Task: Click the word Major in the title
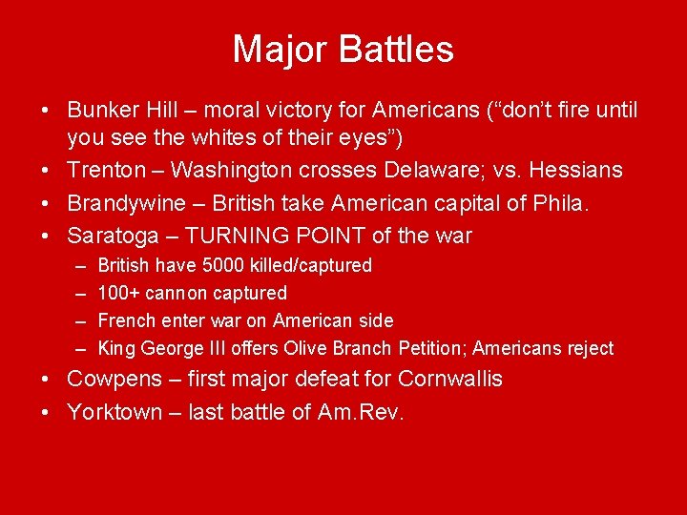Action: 277,50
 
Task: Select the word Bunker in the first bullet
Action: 104,111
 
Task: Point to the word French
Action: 125,320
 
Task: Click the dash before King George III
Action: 78,348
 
